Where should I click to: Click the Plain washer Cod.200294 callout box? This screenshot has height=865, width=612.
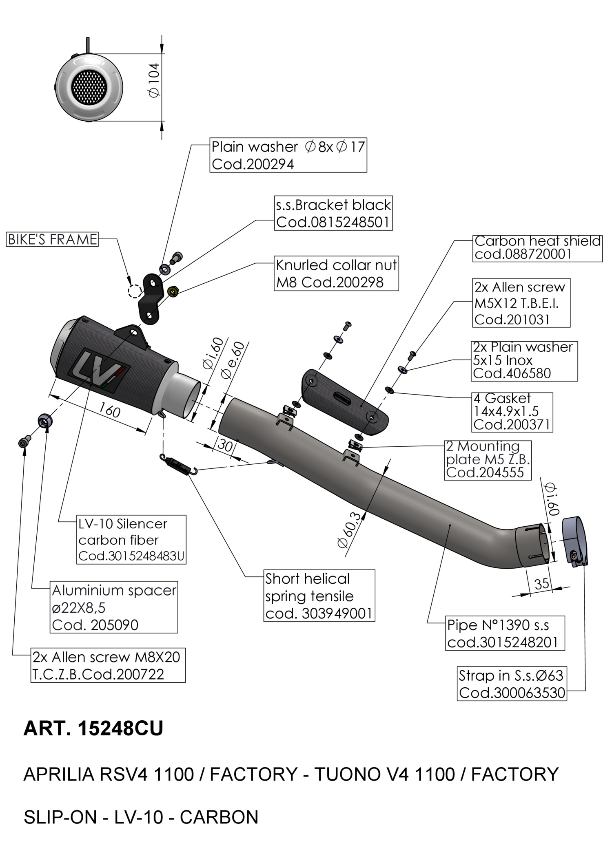click(x=288, y=155)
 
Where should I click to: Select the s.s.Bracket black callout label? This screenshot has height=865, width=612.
click(x=333, y=213)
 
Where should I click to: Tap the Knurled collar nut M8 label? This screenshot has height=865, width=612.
click(x=336, y=273)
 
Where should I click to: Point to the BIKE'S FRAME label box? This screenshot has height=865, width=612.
click(x=53, y=239)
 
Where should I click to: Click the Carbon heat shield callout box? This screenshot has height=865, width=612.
click(x=537, y=248)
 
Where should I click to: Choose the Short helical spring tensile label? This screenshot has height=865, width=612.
click(x=319, y=596)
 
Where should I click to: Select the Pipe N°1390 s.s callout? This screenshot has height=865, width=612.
click(x=505, y=633)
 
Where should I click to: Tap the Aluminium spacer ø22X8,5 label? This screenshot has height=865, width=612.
click(x=114, y=607)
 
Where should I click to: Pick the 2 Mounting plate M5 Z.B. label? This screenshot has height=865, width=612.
click(x=488, y=460)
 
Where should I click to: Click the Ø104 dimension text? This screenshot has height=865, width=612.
click(x=155, y=80)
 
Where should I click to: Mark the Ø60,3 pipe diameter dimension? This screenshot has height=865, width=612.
click(x=350, y=530)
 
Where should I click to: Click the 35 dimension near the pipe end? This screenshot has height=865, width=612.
click(x=541, y=584)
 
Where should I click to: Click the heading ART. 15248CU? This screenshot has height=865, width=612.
click(x=93, y=728)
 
